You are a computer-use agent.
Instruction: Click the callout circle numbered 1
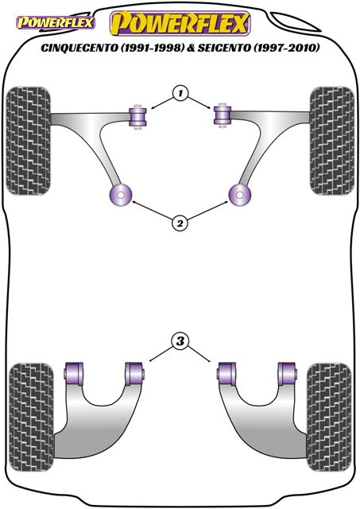coord(180,94)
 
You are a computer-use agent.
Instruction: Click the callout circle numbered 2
coord(180,223)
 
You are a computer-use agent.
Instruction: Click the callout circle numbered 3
coord(180,341)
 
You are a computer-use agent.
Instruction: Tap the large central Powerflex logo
coord(180,23)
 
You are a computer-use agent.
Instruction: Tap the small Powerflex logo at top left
coord(56,23)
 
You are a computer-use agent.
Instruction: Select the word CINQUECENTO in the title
coord(79,48)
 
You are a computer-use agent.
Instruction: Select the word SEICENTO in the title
coord(224,48)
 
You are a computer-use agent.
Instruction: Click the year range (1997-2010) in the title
coord(286,48)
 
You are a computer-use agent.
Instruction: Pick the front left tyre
coord(29,141)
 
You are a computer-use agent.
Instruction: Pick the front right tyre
coord(331,141)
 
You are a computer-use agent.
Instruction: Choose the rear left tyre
coord(31,417)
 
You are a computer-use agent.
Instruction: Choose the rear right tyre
coord(329,417)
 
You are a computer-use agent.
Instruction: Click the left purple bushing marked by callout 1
coord(138,117)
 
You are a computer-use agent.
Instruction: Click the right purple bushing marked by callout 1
coord(223,116)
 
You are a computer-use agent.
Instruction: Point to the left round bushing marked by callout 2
coord(120,196)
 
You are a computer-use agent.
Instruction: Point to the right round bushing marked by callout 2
coord(240,196)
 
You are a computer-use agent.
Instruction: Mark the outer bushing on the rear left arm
coord(74,375)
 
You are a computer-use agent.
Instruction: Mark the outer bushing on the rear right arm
coord(287,375)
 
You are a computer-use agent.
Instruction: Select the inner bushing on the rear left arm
coord(134,375)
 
